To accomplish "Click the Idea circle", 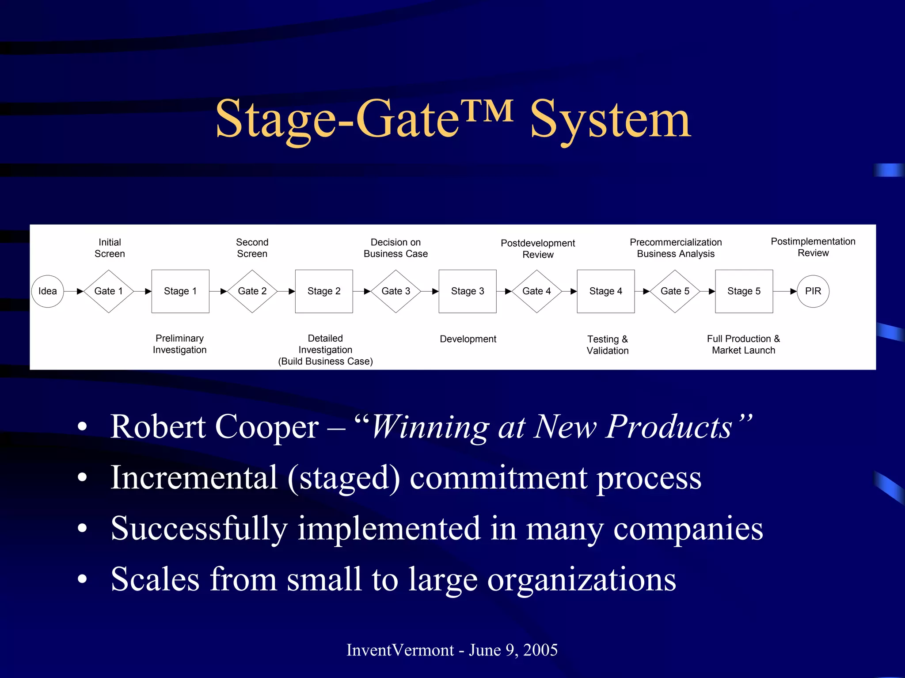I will [48, 291].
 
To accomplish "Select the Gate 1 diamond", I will [109, 291].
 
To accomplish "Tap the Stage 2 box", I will [324, 291].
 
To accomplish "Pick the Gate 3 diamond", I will [396, 291].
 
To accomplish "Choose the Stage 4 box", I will [606, 291].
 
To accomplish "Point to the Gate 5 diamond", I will [675, 291].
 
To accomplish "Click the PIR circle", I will [813, 291].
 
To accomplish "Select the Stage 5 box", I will [744, 291].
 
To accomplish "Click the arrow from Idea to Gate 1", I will [74, 291].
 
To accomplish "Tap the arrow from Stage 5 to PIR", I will [785, 291].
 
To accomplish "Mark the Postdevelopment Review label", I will [538, 249].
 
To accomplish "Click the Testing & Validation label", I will [608, 345].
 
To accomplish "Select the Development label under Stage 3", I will [468, 339].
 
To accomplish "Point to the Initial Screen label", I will [110, 248].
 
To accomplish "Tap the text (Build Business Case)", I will [325, 362].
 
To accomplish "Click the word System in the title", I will [610, 119].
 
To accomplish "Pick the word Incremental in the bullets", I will [194, 478].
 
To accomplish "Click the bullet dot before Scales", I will [82, 579].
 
